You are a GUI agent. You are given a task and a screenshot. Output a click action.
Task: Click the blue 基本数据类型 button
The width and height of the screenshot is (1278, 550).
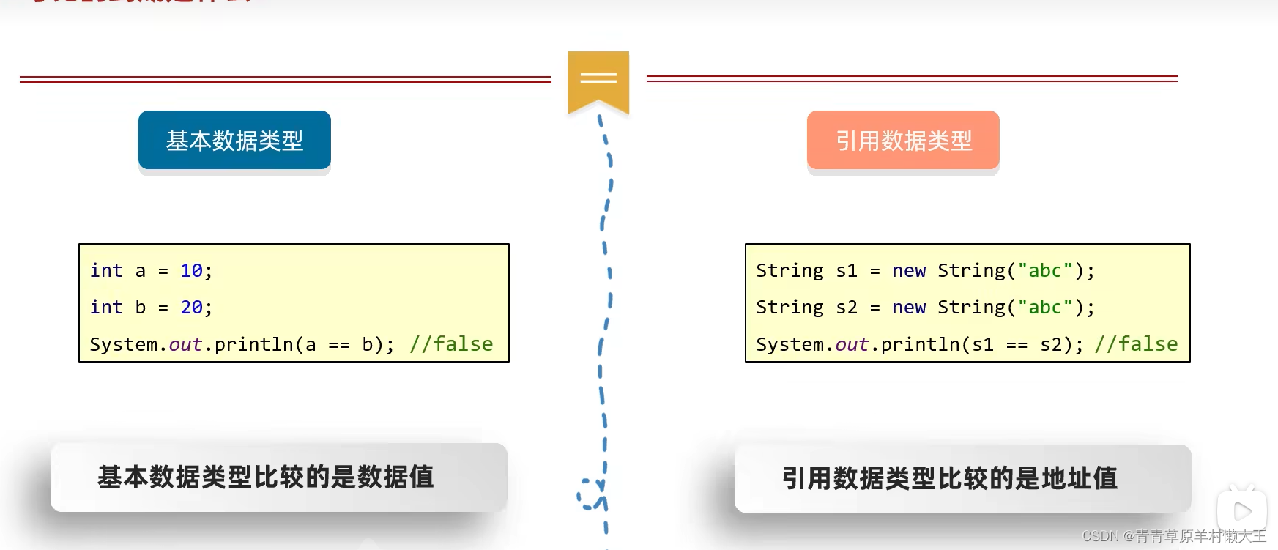coord(234,140)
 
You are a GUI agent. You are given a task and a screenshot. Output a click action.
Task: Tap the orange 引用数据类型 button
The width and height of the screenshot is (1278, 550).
coord(903,140)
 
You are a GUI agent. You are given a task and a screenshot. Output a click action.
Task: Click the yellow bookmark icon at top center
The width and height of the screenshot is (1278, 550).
coord(598,80)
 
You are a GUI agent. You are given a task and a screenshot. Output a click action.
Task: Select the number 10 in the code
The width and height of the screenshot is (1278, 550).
coord(191,271)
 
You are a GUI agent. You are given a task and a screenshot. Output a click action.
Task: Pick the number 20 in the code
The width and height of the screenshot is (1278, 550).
coord(191,308)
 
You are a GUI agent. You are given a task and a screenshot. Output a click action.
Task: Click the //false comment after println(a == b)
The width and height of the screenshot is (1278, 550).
coord(451,344)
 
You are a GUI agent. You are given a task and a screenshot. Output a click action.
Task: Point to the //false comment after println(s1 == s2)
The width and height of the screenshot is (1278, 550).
coord(1136,344)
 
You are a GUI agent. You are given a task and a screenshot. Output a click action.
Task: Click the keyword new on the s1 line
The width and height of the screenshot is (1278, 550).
coord(909,271)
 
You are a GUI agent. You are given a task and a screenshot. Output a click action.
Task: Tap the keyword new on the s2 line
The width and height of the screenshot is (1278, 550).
coord(909,308)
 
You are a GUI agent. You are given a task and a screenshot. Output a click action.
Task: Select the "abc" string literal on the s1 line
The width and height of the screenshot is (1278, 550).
coord(1045,271)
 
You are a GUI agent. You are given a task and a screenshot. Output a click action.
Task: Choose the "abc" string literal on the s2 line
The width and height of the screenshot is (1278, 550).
coord(1045,308)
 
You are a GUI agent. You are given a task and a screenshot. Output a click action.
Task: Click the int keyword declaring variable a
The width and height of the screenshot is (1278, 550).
coord(106,271)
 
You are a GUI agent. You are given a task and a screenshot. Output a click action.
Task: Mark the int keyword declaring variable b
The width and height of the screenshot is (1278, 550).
coord(106,308)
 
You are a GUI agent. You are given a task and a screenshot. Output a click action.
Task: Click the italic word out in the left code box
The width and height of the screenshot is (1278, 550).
coord(185,344)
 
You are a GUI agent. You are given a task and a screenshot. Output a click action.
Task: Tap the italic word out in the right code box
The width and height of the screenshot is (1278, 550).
coord(852,344)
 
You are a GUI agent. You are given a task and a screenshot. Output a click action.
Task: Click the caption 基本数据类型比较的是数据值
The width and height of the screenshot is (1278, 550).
coord(266,477)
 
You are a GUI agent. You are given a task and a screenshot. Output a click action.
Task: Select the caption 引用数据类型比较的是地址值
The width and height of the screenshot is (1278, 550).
coord(950,479)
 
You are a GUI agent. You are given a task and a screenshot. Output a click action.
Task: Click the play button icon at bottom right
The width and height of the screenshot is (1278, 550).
coord(1242,510)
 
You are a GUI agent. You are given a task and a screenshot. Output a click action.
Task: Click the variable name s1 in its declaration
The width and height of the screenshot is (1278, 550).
coord(847,271)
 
